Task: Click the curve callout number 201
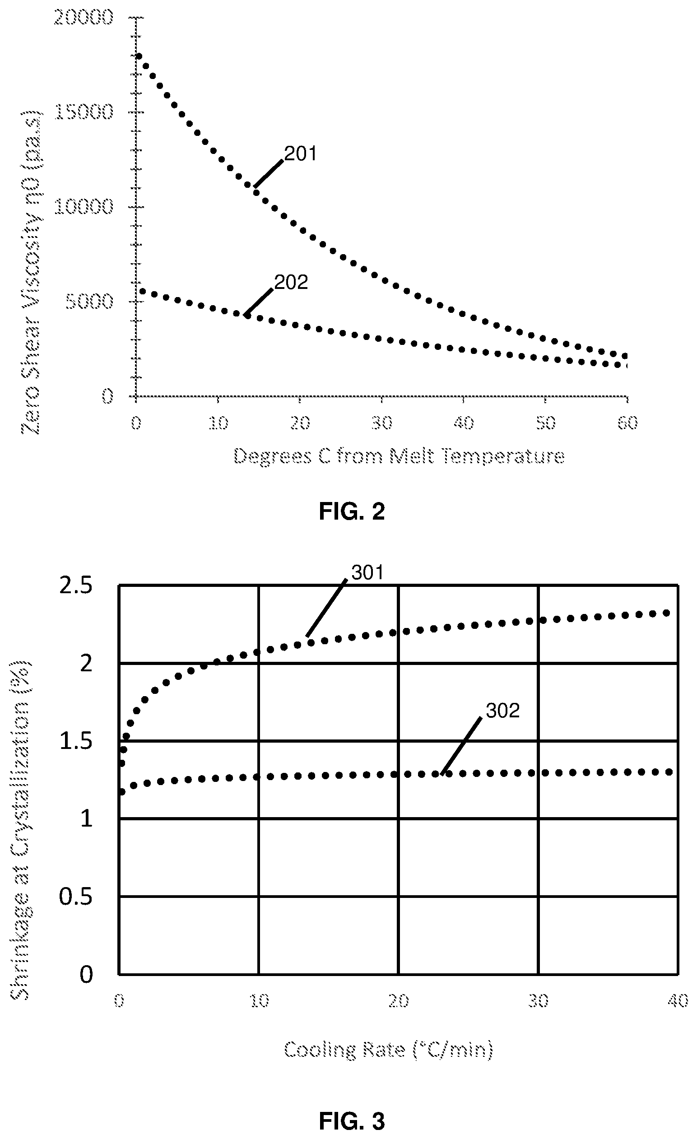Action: (x=301, y=154)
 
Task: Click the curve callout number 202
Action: (x=291, y=283)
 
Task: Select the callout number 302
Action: (x=503, y=711)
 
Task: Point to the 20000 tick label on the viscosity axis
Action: (x=83, y=18)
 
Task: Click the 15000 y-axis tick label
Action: (x=83, y=112)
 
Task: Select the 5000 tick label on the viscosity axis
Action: (x=89, y=302)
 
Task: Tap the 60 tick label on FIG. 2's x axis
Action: (x=627, y=423)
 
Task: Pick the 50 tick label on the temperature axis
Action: (x=545, y=423)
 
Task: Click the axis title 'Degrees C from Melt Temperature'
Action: (x=400, y=457)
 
